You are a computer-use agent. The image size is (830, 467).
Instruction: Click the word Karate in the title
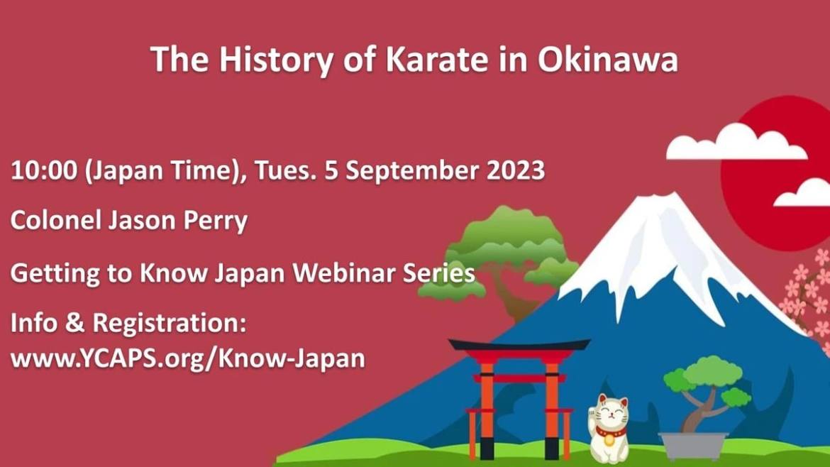[437, 59]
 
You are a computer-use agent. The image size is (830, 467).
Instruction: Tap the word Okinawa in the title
[608, 59]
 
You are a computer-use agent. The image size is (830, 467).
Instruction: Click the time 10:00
[44, 171]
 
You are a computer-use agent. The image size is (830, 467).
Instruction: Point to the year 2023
[516, 170]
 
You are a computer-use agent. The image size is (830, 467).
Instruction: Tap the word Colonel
[55, 220]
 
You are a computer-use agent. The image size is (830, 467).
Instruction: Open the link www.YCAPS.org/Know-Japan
[188, 358]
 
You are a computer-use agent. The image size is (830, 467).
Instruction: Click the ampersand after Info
[75, 323]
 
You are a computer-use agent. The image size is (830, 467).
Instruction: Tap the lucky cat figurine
[609, 429]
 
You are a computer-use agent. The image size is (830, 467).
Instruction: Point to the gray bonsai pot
[693, 446]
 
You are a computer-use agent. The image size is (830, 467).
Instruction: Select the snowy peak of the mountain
[667, 249]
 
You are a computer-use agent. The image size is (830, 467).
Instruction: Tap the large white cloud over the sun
[736, 142]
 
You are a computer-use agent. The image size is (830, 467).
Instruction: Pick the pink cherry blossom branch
[807, 297]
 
